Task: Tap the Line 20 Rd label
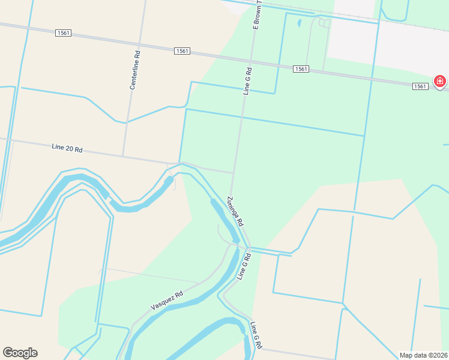(67, 148)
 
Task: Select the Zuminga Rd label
(235, 211)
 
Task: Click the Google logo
(20, 353)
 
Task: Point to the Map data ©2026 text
(423, 355)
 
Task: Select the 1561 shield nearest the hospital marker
(421, 86)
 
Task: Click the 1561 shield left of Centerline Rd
(63, 33)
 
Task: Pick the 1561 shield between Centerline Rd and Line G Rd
(182, 51)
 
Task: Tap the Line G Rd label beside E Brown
(247, 81)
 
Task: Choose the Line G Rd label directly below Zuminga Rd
(243, 266)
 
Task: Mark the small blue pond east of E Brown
(298, 24)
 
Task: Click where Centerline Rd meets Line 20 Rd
(123, 157)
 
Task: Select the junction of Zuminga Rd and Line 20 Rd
(232, 173)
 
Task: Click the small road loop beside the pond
(325, 23)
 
